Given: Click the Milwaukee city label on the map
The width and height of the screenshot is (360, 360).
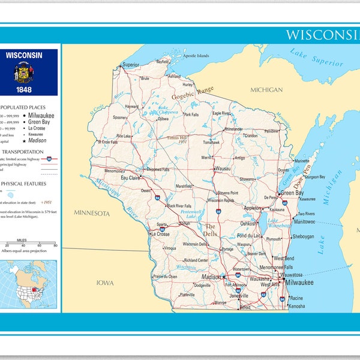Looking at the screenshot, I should click(x=299, y=282).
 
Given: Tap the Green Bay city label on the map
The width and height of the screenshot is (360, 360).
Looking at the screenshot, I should click(x=292, y=193).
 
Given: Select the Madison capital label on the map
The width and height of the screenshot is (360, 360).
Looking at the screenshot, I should click(x=212, y=277).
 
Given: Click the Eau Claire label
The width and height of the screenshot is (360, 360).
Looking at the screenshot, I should click(x=130, y=178).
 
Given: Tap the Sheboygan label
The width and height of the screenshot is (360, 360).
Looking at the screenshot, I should click(x=303, y=236).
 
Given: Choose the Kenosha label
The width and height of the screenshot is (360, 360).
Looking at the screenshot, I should click(x=296, y=306).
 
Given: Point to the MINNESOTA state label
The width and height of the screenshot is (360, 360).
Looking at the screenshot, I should click(x=92, y=213).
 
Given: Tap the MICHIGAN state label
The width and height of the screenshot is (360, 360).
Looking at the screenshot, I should click(x=266, y=90).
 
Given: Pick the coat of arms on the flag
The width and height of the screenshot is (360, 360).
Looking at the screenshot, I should click(x=24, y=74).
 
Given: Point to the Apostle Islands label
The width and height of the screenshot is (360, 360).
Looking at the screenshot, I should click(x=196, y=56).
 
